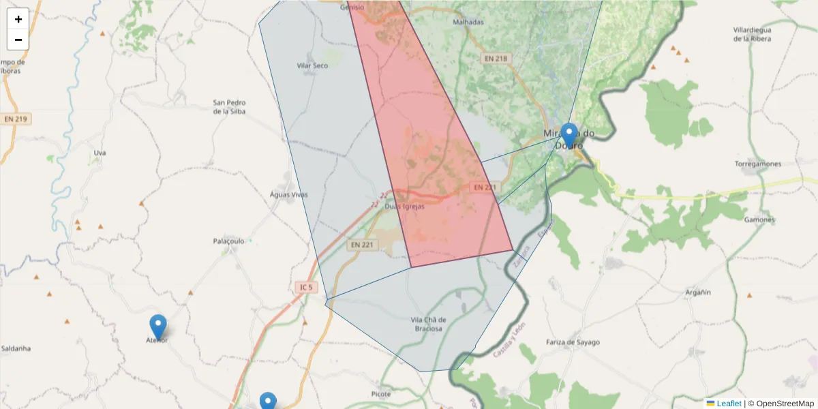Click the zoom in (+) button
(18, 19)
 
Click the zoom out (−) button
(18, 40)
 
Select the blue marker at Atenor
(158, 327)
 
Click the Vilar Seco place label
(312, 65)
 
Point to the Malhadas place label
(468, 22)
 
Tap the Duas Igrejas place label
(405, 207)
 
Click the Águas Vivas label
(289, 195)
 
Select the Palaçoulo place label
(229, 241)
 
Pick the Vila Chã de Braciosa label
(428, 324)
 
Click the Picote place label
(382, 394)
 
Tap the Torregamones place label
(758, 164)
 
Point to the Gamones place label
(759, 219)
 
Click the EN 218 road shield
(496, 59)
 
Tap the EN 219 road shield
(15, 119)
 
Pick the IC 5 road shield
(306, 288)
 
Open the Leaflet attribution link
(728, 404)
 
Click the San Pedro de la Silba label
(229, 107)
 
